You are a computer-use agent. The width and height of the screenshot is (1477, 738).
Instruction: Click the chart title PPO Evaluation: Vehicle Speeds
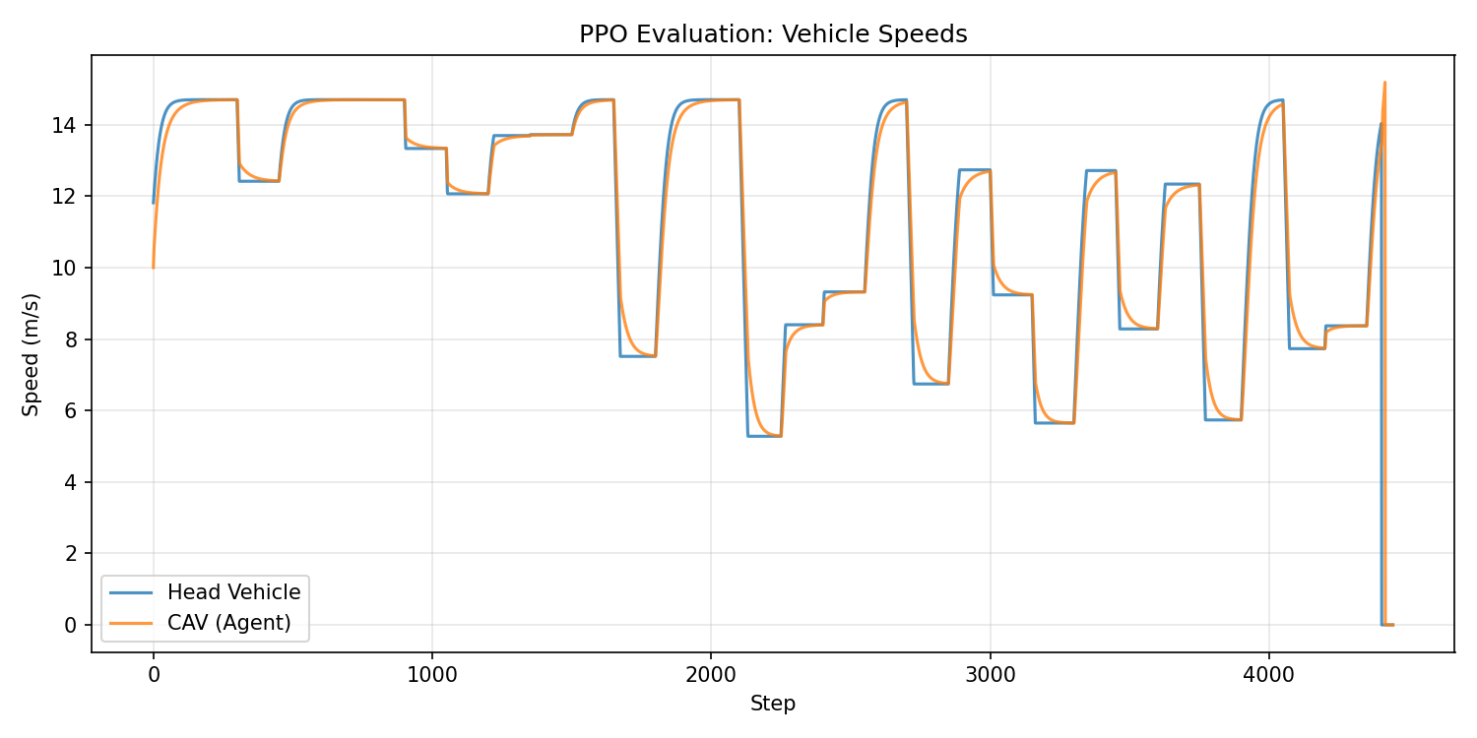point(773,34)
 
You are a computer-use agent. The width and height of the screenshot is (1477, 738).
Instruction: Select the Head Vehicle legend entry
point(233,591)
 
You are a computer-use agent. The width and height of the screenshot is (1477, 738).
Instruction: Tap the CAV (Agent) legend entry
point(228,622)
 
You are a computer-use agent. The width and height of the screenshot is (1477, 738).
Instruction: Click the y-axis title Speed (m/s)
point(32,354)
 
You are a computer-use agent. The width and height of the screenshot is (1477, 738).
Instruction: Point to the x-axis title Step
point(773,704)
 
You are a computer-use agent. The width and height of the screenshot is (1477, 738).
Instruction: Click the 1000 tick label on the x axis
point(432,676)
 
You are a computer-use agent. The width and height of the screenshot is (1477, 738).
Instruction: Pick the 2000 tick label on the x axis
point(711,676)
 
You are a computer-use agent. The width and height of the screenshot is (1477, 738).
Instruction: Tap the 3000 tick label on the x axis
point(990,676)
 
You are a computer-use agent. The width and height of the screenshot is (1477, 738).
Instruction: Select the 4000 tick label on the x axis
point(1268,676)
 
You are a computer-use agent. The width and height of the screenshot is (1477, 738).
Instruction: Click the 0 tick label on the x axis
point(154,676)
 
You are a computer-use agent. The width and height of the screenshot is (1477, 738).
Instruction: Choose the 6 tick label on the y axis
point(74,410)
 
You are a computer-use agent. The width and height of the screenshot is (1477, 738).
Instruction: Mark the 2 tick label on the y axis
point(74,553)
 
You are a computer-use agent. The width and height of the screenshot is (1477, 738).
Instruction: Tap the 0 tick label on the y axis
point(74,625)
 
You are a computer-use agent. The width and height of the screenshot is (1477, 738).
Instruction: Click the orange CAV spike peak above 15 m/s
point(1384,83)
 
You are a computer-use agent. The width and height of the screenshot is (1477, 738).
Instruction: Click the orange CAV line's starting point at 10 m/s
point(154,267)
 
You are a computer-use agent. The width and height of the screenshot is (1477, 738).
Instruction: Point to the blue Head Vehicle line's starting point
point(154,203)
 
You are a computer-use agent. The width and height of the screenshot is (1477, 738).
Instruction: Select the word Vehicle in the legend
point(268,591)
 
